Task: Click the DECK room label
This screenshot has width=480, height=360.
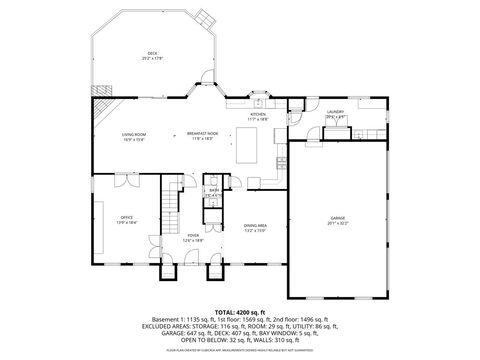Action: pyautogui.click(x=153, y=53)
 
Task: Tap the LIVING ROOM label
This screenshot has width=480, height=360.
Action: pyautogui.click(x=134, y=134)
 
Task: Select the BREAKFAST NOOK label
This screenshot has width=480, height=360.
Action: pyautogui.click(x=202, y=134)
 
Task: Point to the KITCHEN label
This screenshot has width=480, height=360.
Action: pyautogui.click(x=258, y=115)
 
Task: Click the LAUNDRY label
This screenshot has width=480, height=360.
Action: pyautogui.click(x=336, y=112)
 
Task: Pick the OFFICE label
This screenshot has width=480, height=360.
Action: pyautogui.click(x=127, y=216)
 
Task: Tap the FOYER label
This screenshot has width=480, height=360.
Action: pyautogui.click(x=193, y=235)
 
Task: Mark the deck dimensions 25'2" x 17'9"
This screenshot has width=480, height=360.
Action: pyautogui.click(x=153, y=58)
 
